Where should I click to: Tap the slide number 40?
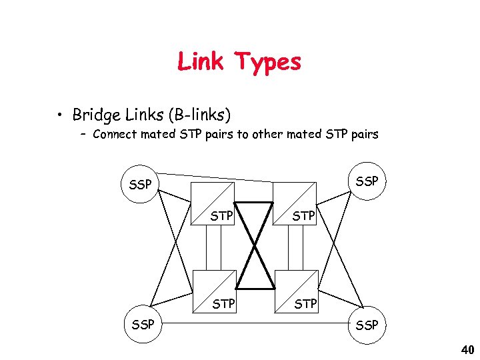tap(467, 349)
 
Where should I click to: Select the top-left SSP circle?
tap(139, 184)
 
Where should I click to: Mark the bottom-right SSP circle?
tap(367, 325)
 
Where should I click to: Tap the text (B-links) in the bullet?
tap(199, 115)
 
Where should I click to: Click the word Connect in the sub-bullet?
tap(116, 135)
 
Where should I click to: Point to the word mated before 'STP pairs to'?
tap(160, 135)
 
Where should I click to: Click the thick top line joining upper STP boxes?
tap(254, 202)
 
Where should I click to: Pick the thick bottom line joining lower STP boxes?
tap(254, 289)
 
